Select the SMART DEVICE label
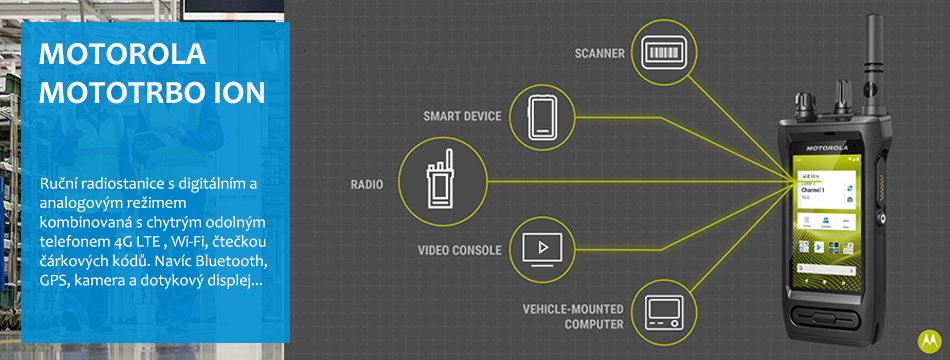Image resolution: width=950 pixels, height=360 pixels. coord(462,116)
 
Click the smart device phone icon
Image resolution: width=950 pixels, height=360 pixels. coord(542,115)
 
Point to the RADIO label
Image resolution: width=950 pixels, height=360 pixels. coord(367,184)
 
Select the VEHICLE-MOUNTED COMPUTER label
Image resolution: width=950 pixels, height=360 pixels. coord(572,317)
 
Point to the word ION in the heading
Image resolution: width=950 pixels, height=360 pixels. coord(239,92)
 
